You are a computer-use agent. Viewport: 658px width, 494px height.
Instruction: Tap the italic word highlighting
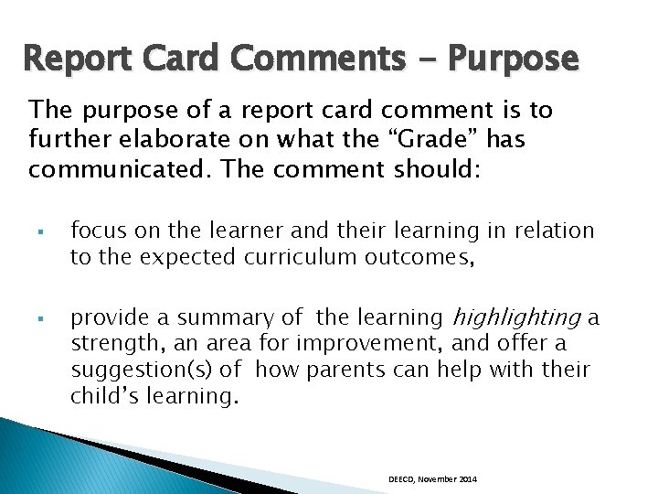(x=516, y=318)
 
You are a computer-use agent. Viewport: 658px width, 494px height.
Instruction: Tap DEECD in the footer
(x=401, y=479)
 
